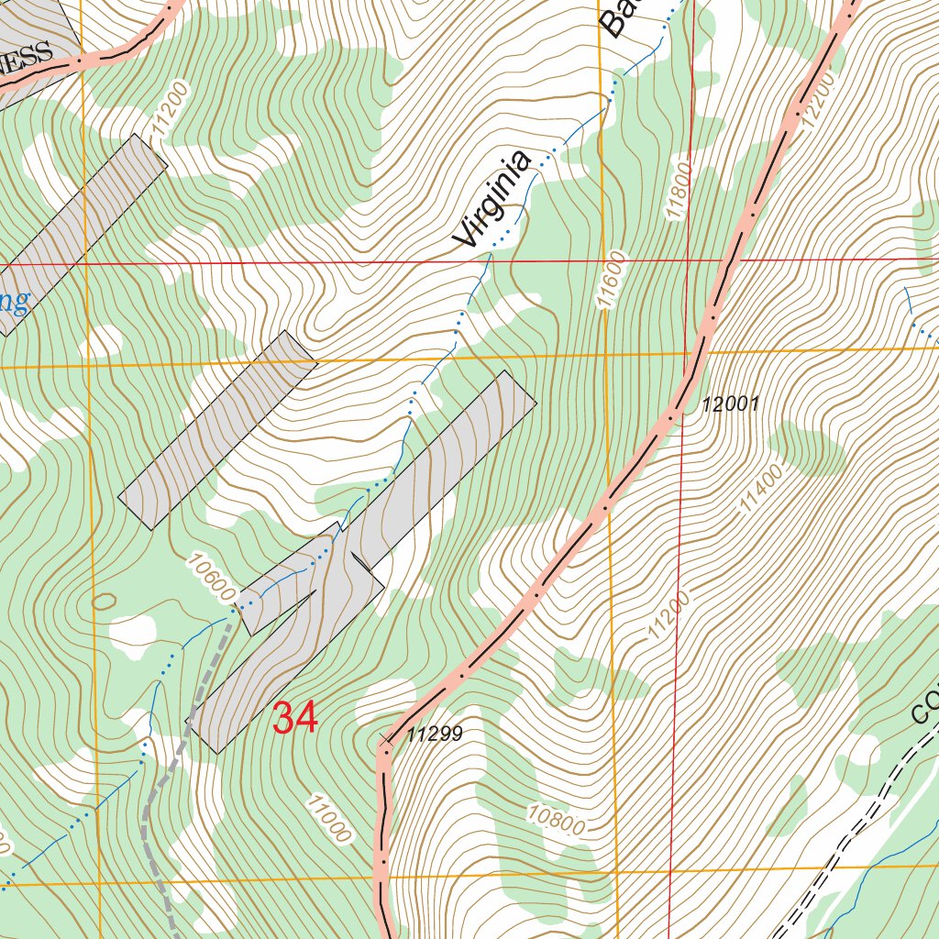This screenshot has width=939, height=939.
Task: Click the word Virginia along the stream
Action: click(492, 200)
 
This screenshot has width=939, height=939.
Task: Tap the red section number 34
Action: click(295, 718)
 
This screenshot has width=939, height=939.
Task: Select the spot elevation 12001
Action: click(731, 404)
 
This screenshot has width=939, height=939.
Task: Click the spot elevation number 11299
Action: click(435, 734)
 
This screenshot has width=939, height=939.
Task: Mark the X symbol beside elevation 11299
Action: click(384, 739)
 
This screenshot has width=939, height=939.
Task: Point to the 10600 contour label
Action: click(210, 577)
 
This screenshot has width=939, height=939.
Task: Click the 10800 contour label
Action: click(557, 819)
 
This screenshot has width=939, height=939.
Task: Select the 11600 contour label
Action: click(612, 279)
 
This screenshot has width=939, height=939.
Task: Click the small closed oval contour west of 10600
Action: click(104, 601)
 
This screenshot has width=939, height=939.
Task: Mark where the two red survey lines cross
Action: click(688, 260)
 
